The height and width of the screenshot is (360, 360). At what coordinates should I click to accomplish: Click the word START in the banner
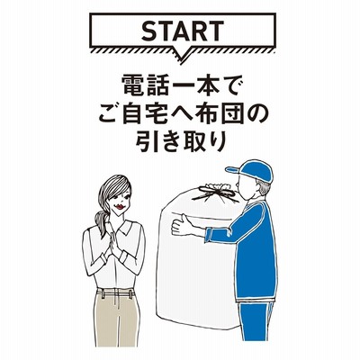click(183, 31)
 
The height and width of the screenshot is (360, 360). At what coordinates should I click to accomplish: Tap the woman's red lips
click(121, 207)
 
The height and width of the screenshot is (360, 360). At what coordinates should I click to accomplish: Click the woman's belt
click(115, 292)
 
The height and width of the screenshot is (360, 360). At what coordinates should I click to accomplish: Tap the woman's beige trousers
click(116, 319)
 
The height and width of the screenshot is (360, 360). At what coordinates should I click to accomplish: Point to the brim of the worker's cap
click(233, 170)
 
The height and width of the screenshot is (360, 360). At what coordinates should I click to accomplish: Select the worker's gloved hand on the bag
click(183, 224)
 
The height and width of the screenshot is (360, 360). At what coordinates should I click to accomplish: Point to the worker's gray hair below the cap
click(264, 188)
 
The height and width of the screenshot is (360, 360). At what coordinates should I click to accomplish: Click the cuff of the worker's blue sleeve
click(209, 235)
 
